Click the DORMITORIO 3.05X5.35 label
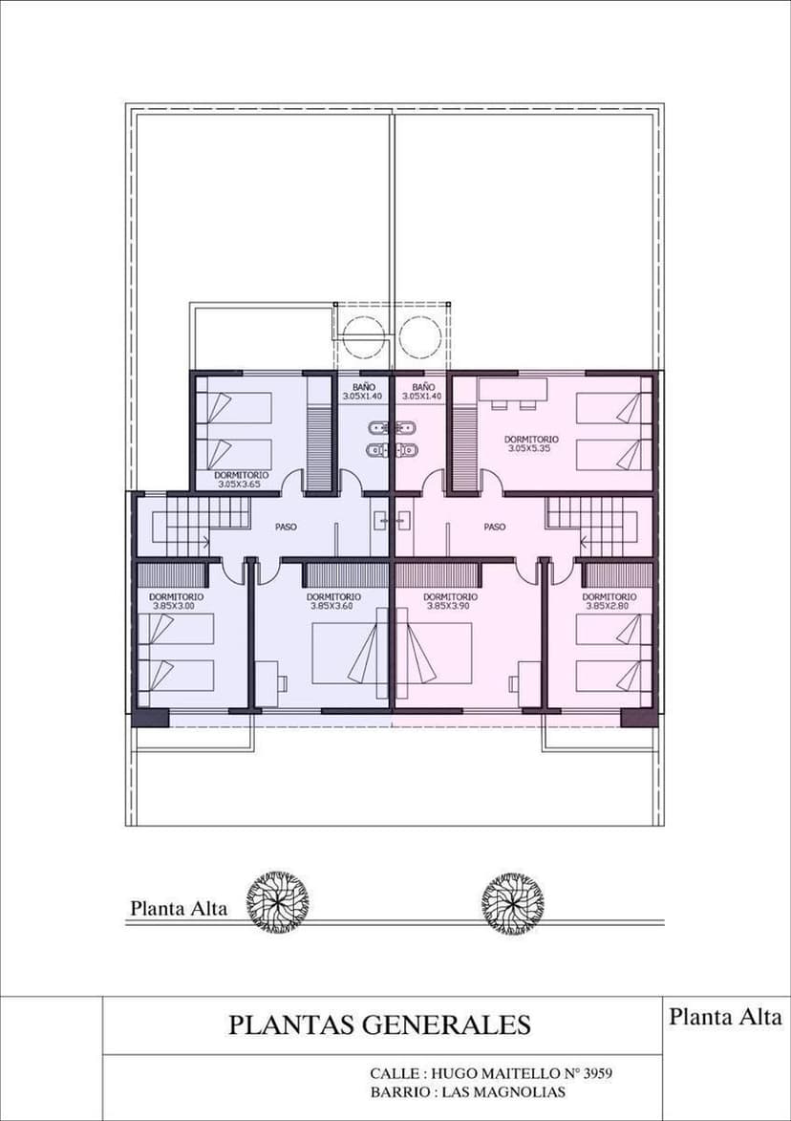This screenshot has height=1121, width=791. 531,443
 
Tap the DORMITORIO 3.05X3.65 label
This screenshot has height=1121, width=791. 242,479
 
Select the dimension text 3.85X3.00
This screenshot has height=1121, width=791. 175,606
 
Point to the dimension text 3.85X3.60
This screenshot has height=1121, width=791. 332,606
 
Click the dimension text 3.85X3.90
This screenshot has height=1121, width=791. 450,606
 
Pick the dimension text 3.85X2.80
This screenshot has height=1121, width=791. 609,606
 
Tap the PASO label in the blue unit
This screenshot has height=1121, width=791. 286,527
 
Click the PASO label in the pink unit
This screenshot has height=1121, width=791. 495,527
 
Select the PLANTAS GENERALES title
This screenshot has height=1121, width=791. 379,1024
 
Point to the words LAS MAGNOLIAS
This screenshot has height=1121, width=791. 503,1091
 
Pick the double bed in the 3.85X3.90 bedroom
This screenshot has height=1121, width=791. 435,652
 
